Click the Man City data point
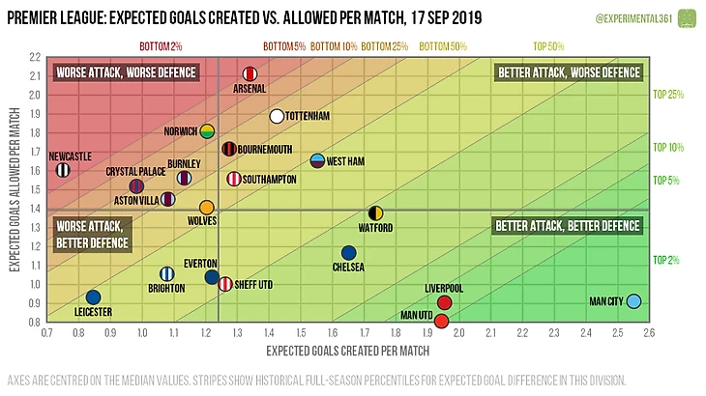pos(633,301)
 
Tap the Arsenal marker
pos(250,74)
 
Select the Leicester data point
pos(93,297)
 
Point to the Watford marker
pos(376,213)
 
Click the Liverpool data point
pos(445,302)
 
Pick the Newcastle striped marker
pos(63,170)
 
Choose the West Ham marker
pos(317,161)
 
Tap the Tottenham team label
pos(310,117)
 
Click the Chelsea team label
pos(348,268)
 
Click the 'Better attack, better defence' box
pos(568,226)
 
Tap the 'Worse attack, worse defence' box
pos(125,72)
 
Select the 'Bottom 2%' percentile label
pos(161,45)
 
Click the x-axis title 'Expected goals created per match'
pos(347,349)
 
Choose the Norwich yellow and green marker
pos(207,131)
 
